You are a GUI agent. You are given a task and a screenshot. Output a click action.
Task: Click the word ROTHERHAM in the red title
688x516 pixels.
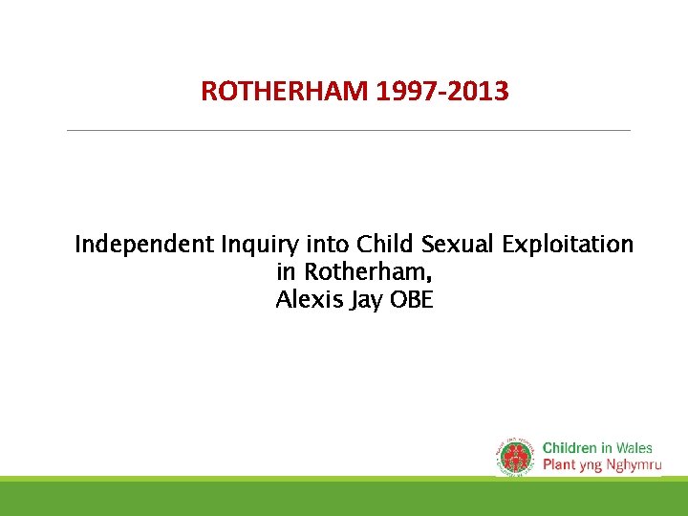285,92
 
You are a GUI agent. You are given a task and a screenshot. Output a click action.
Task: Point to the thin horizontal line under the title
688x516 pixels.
349,130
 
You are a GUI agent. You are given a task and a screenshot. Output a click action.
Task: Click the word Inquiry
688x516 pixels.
258,246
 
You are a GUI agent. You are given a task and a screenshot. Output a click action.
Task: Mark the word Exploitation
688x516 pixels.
568,246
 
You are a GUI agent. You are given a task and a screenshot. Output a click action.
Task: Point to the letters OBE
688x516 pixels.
413,300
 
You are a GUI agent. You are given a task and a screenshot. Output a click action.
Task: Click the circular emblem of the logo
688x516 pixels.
516,456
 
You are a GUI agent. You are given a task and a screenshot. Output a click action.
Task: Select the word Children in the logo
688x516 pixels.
570,447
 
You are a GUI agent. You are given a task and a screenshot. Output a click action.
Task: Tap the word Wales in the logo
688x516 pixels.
634,447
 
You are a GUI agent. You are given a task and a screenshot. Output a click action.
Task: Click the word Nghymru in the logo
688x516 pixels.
631,465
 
